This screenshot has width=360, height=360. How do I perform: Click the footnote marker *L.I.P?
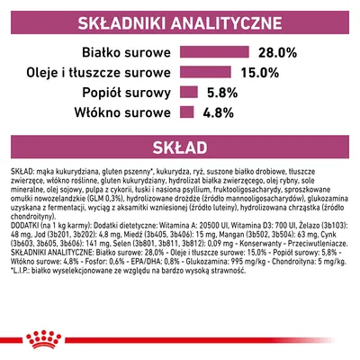click(20, 301)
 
